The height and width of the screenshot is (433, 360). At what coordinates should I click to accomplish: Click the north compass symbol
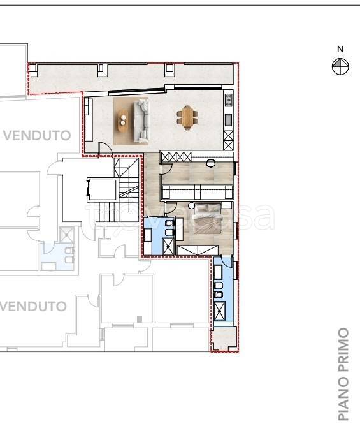coord(340,66)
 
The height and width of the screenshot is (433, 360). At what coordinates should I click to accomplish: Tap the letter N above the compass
coord(340,49)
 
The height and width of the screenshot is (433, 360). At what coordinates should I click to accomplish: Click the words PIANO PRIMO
coord(343,375)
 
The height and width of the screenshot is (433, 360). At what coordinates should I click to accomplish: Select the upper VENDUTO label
coord(37,136)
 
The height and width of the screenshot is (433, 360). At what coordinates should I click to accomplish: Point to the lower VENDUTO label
coord(33,306)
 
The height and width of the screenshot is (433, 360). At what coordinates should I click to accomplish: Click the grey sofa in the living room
coord(142,121)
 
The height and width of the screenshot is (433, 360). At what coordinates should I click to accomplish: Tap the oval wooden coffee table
coord(123,120)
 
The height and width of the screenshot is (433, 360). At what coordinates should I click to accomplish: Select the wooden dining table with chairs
coord(187,117)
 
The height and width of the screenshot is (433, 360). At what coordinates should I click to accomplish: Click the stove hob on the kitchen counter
coord(229,100)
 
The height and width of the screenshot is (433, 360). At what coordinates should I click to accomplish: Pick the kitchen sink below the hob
coord(228,120)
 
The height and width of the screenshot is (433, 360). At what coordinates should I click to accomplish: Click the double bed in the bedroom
coord(208,218)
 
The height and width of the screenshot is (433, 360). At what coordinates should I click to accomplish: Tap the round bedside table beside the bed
coord(191,205)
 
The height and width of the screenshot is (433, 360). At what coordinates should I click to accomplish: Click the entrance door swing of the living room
coord(106,149)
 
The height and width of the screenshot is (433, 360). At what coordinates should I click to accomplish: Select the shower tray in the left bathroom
coord(168,246)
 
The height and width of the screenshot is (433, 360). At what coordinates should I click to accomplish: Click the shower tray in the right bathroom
coord(220,311)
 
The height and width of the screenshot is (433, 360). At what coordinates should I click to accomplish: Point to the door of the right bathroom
coord(228,262)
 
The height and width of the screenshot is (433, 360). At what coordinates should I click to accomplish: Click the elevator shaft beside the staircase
coord(102,189)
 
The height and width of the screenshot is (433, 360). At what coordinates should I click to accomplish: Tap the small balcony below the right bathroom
coord(224,339)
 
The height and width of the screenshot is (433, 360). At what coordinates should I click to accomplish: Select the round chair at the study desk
coord(211,163)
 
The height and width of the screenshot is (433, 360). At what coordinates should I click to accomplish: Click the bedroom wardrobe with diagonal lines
coord(198,250)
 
